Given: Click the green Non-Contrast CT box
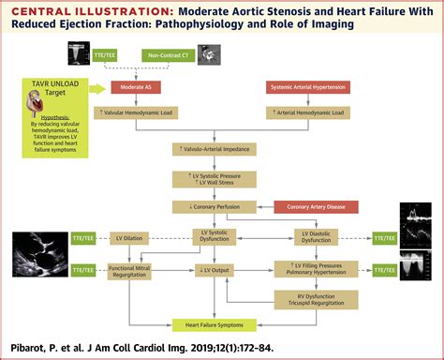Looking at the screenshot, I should (x=171, y=56).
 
